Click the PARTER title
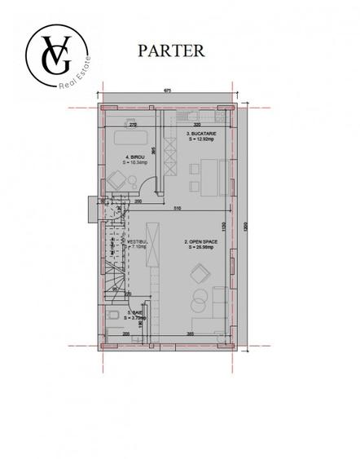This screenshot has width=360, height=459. (171, 50)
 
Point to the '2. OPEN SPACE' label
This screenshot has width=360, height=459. (200, 245)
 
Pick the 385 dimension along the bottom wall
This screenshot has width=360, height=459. (189, 333)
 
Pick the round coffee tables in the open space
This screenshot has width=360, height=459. (199, 302)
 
